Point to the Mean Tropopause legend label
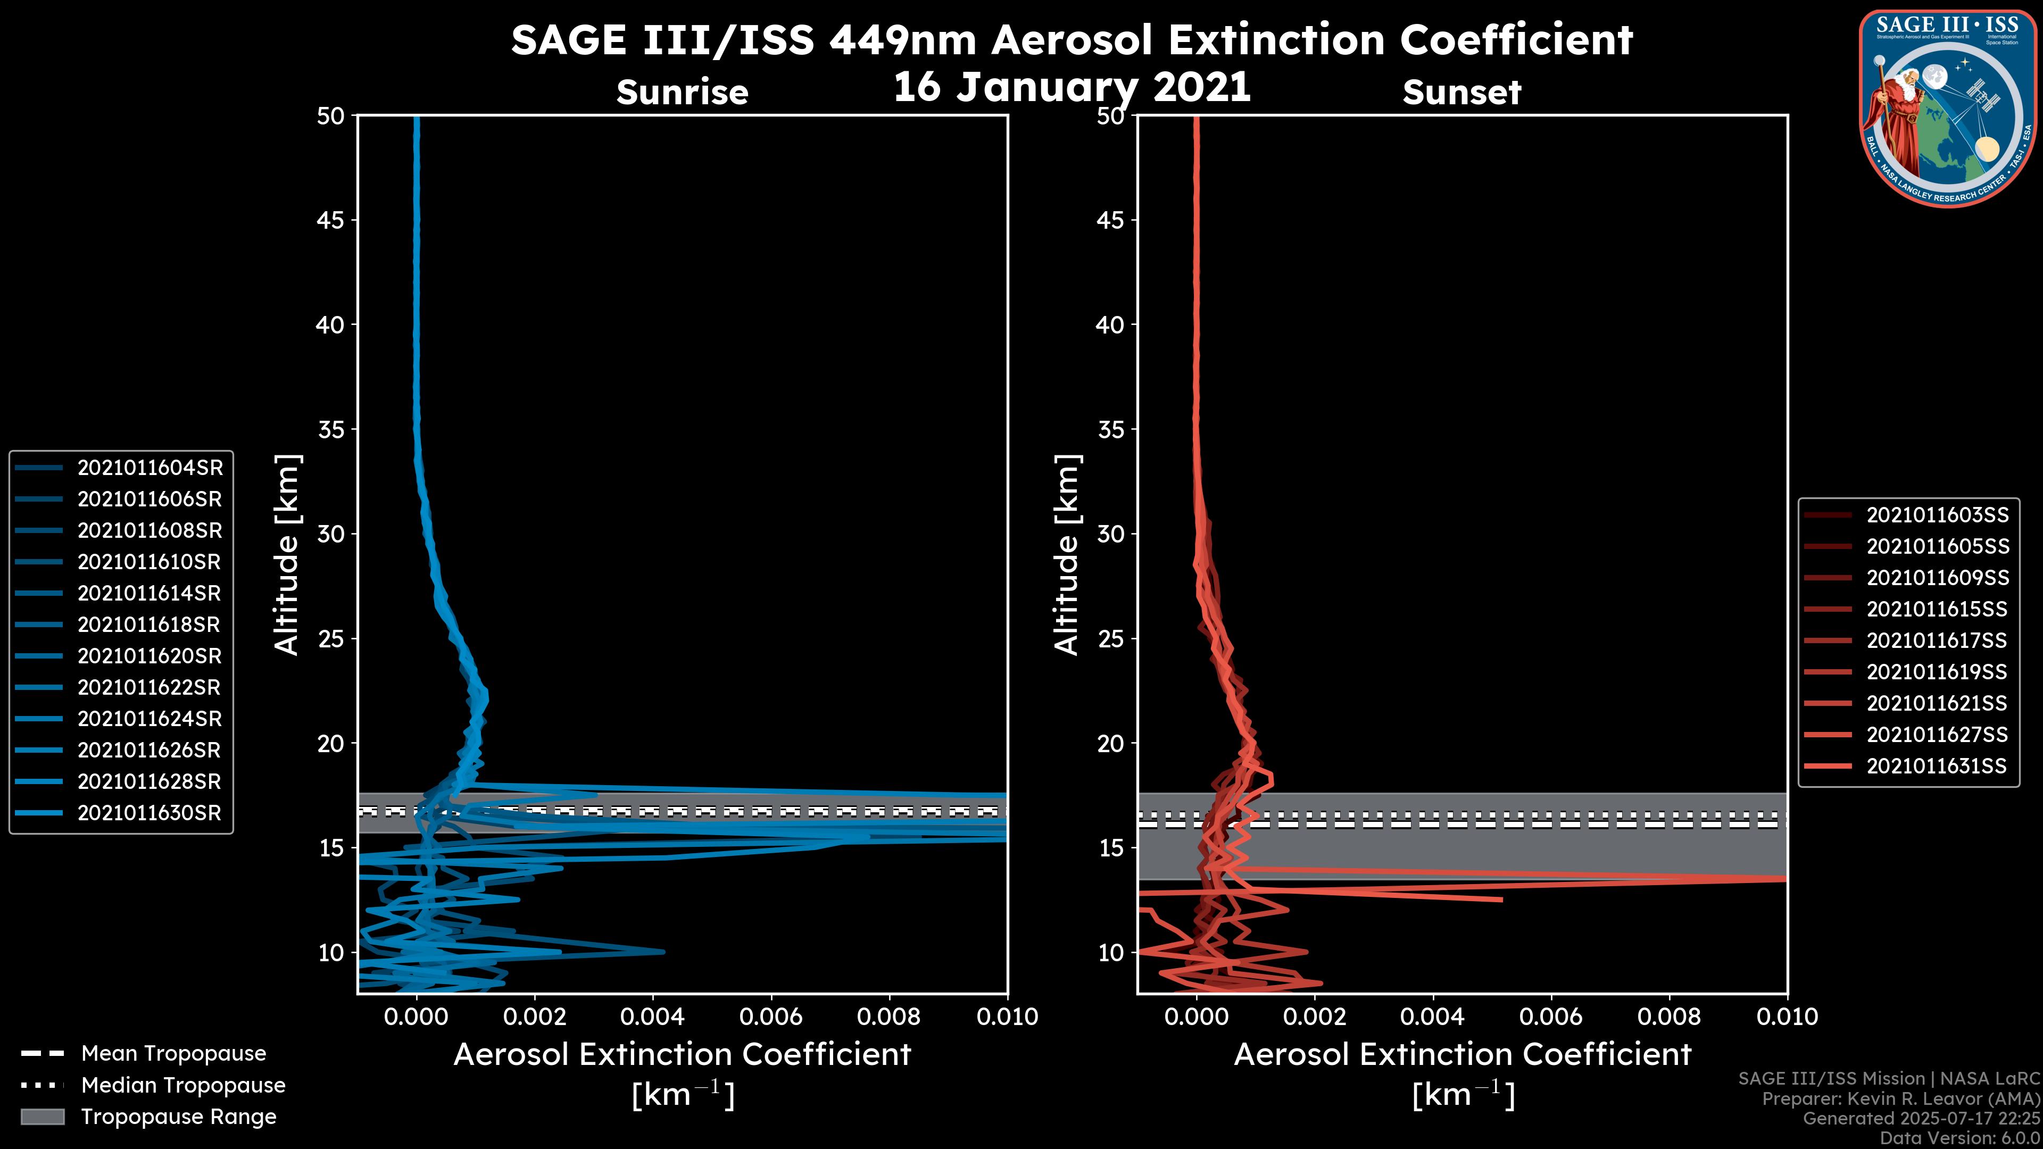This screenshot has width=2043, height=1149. (x=173, y=1054)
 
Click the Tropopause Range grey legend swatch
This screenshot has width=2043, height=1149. (x=43, y=1117)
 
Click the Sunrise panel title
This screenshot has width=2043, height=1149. (x=682, y=93)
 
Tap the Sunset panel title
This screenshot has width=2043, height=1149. (x=1461, y=93)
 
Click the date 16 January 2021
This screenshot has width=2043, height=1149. (x=1072, y=87)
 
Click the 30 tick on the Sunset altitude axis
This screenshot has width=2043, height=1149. (x=1111, y=534)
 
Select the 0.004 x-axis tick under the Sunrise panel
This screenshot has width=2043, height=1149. (x=652, y=1017)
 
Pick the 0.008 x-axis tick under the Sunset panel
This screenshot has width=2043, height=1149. (x=1668, y=1017)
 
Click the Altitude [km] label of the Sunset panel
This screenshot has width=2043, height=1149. (x=1067, y=555)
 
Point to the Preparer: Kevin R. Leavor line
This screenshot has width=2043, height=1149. (x=1900, y=1099)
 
